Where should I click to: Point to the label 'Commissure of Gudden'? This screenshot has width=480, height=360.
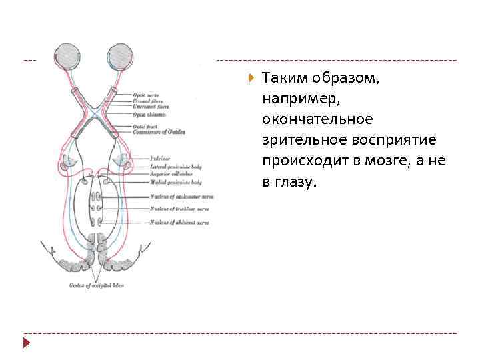click(158, 131)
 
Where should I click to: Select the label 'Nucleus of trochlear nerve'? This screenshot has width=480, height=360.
click(179, 209)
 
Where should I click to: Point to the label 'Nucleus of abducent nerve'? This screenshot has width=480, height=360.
click(179, 222)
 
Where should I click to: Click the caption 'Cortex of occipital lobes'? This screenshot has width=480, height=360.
click(97, 285)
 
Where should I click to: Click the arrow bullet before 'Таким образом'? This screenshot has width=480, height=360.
click(251, 78)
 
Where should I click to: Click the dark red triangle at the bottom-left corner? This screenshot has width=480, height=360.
click(27, 343)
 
